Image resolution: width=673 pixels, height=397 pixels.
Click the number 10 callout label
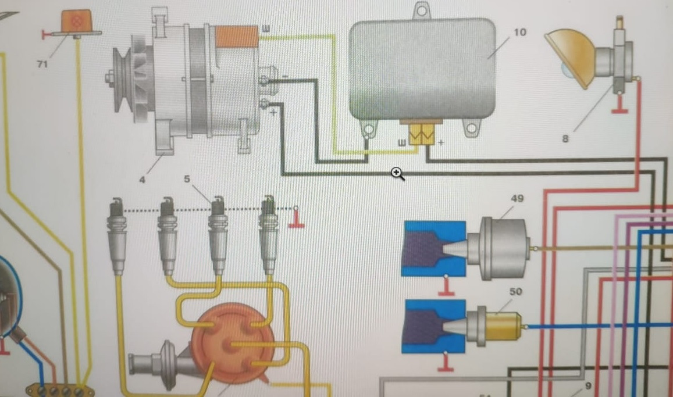click(x=519, y=32)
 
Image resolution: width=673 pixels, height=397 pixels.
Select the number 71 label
click(x=42, y=64)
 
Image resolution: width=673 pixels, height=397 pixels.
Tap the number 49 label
click(x=517, y=199)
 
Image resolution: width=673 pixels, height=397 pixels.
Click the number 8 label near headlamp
click(x=565, y=139)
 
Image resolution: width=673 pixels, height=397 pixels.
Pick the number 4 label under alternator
click(x=141, y=179)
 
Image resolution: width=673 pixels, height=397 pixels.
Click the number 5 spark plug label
click(x=187, y=179)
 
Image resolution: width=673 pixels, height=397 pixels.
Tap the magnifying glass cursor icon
click(x=397, y=173)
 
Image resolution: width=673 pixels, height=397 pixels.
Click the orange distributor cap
click(x=233, y=343)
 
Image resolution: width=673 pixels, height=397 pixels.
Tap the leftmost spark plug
click(x=117, y=235)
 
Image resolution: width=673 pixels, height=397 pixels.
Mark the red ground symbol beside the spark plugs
click(x=296, y=221)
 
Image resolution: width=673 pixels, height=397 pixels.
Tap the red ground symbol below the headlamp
click(x=621, y=106)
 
